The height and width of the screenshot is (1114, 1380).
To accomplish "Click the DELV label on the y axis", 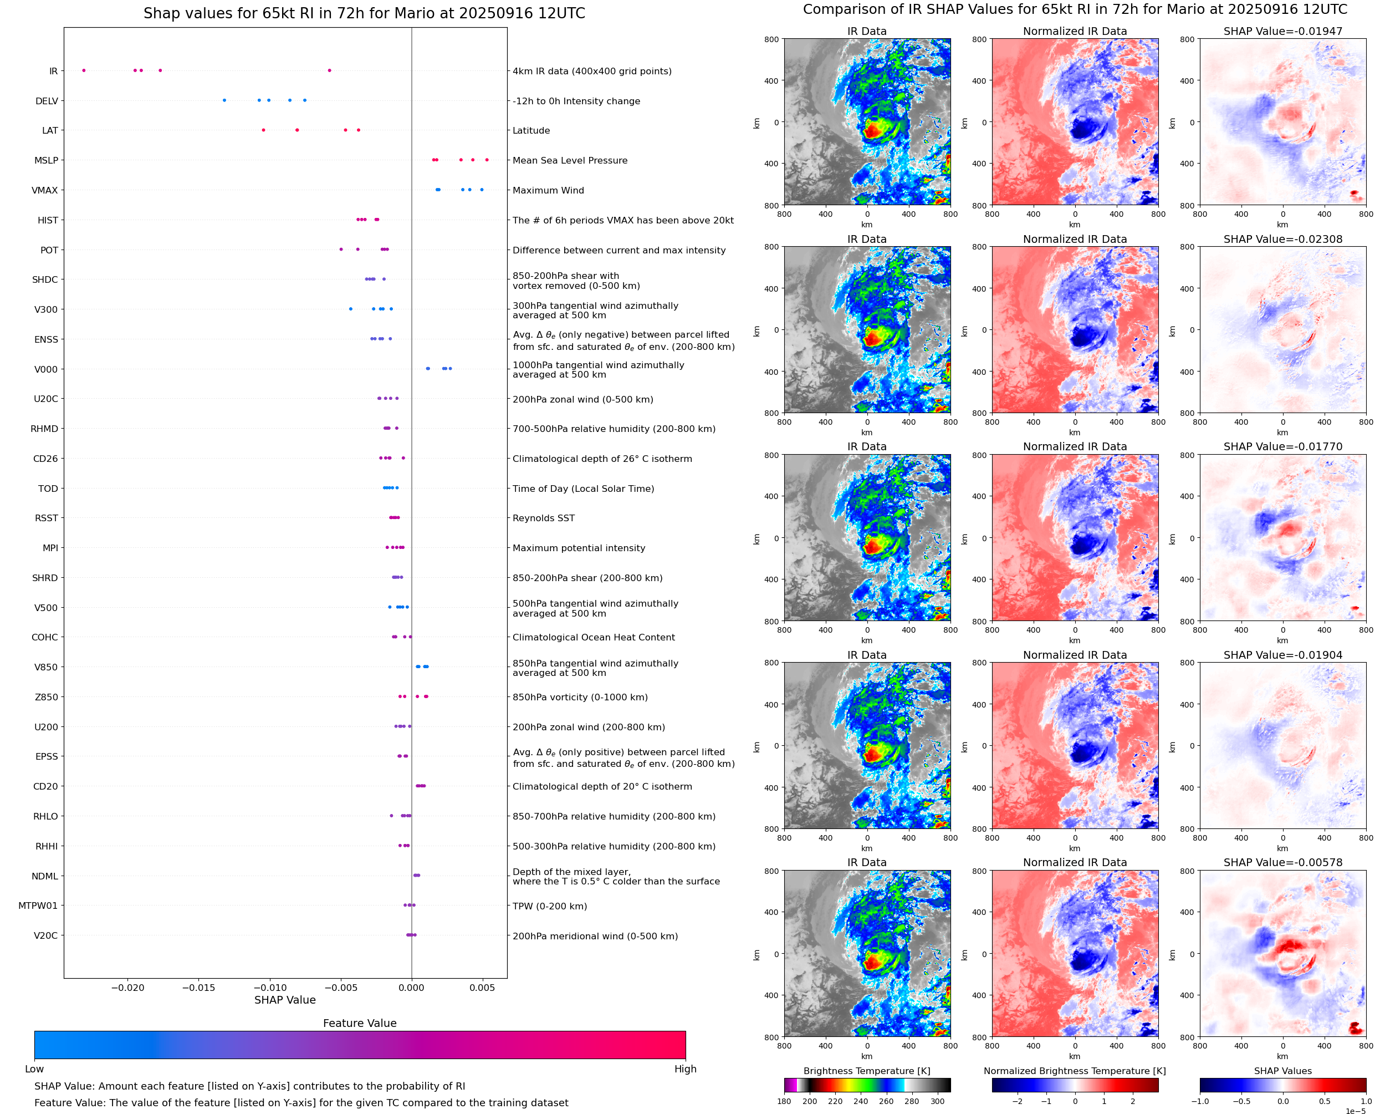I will tap(47, 101).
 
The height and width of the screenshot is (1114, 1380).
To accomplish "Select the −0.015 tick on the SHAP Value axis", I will tap(198, 988).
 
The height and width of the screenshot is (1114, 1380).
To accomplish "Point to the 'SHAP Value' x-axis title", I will tap(285, 1000).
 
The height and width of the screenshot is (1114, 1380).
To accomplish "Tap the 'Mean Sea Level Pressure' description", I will tap(569, 160).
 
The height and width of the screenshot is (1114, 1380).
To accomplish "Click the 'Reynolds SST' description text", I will tap(543, 518).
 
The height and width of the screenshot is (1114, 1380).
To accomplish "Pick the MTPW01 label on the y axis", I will tap(38, 906).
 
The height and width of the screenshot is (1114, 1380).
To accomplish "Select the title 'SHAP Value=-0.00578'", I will tap(1282, 862).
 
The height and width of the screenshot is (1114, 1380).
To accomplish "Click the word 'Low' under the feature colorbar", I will tap(34, 1069).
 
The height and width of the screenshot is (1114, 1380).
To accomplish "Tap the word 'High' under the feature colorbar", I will tap(685, 1069).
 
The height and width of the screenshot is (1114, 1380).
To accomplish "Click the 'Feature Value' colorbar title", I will tap(360, 1023).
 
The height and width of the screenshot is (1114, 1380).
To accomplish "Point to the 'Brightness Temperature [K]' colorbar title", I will tap(866, 1071).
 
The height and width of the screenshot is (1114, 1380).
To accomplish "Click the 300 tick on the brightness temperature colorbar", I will tap(938, 1101).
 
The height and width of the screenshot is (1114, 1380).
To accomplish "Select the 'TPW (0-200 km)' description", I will tap(550, 906).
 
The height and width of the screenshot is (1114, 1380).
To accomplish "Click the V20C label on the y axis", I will tap(45, 935).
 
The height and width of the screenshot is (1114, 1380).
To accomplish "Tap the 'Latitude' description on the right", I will tap(531, 130).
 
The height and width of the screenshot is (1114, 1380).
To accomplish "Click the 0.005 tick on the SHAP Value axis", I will tap(482, 988).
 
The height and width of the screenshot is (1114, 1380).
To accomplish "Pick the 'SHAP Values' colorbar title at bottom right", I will tap(1282, 1071).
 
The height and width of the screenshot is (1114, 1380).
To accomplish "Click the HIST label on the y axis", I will tap(48, 220).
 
